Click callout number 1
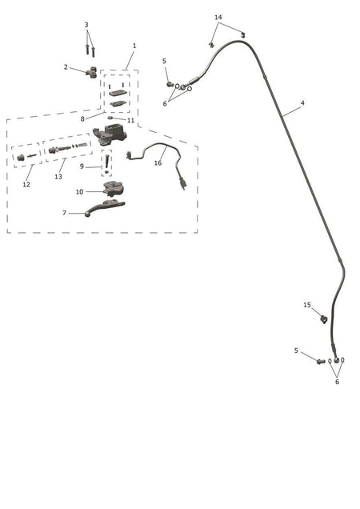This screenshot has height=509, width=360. tap(134, 46)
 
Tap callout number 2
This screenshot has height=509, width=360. tap(66, 67)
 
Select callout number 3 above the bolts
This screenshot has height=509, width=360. tap(86, 25)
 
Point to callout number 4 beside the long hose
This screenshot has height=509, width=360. tap(302, 103)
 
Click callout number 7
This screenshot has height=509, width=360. tap(64, 213)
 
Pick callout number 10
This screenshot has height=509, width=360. tap(79, 192)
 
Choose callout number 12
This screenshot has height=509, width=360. tap(26, 184)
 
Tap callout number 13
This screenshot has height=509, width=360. tap(58, 177)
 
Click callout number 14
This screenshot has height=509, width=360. tap(218, 17)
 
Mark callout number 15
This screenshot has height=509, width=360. tap(307, 305)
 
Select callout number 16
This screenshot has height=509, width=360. tap(158, 162)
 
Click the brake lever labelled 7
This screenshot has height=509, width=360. tap(105, 208)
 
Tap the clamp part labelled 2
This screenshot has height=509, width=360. tap(92, 72)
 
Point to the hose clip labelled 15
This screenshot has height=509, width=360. tap(324, 319)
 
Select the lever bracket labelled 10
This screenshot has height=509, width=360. tap(114, 189)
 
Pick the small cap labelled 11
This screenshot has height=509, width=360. tap(110, 118)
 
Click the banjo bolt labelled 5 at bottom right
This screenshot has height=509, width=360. tap(321, 361)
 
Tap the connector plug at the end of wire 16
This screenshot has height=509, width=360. tap(183, 183)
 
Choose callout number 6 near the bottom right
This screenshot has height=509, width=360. tap(337, 382)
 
